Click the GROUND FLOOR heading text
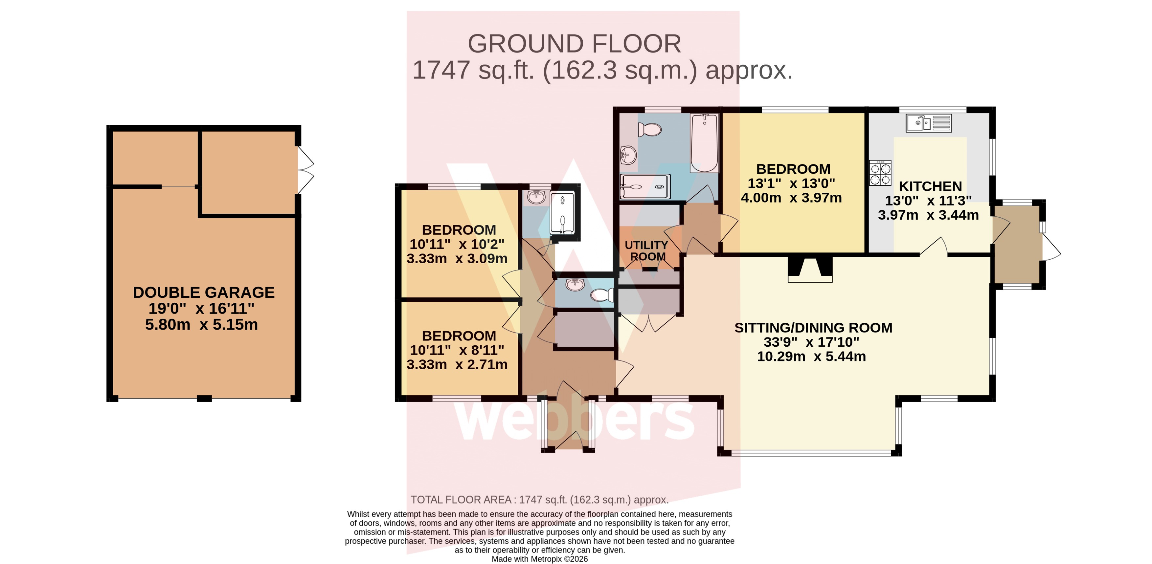(x=574, y=44)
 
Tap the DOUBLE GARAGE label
(x=203, y=292)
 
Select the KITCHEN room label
(x=930, y=186)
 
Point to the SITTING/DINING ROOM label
(x=813, y=328)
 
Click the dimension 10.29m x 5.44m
(x=811, y=356)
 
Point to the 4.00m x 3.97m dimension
(x=791, y=198)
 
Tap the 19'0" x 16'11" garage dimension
(x=201, y=308)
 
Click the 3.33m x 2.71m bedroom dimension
(x=457, y=364)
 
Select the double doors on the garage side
(x=305, y=170)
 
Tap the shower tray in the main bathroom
(x=645, y=186)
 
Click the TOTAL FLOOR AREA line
(x=540, y=500)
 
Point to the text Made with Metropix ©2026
(x=540, y=559)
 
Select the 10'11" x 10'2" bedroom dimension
(x=457, y=244)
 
